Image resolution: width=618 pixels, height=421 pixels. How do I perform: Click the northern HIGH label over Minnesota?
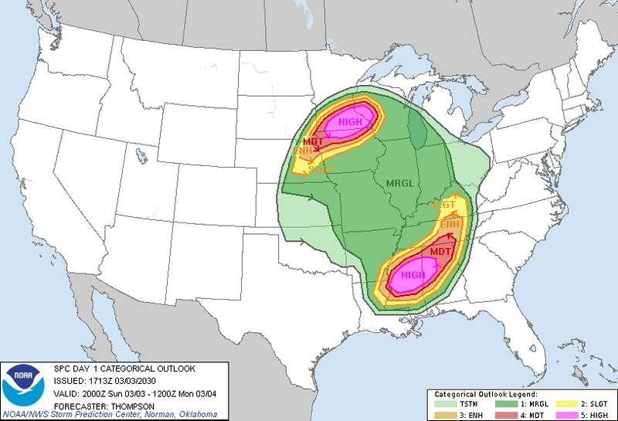tap(350, 121)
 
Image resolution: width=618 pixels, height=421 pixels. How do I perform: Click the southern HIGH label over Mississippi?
tap(413, 275)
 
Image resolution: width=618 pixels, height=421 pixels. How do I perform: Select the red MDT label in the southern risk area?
tap(441, 252)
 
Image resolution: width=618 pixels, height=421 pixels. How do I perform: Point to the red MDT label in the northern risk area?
tap(313, 141)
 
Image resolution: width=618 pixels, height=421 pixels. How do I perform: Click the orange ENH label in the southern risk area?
tap(450, 224)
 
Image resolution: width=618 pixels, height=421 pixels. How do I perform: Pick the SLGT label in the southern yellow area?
tap(443, 204)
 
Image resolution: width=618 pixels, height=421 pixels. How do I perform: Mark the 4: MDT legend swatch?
tap(508, 414)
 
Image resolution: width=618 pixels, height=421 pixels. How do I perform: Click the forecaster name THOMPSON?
tap(117, 401)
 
